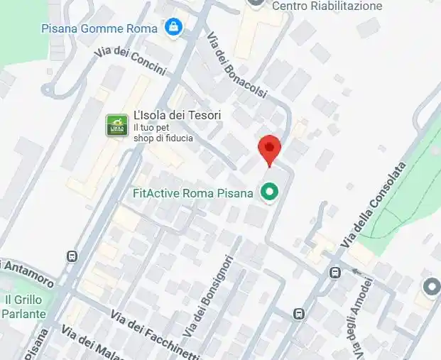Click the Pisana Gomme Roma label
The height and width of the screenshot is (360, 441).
[100, 28]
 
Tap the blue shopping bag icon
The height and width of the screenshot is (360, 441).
[172, 28]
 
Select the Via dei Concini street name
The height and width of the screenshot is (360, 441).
[130, 61]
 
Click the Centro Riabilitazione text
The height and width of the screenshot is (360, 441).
[327, 6]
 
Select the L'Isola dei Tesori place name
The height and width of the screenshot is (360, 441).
[178, 115]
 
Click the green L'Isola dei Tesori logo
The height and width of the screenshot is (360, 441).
[116, 126]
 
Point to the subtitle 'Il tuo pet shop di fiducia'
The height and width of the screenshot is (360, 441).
[163, 133]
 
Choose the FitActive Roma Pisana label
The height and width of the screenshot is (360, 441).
[192, 193]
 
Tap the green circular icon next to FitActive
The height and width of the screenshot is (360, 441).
[269, 192]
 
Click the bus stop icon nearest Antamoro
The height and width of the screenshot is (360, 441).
[72, 256]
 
